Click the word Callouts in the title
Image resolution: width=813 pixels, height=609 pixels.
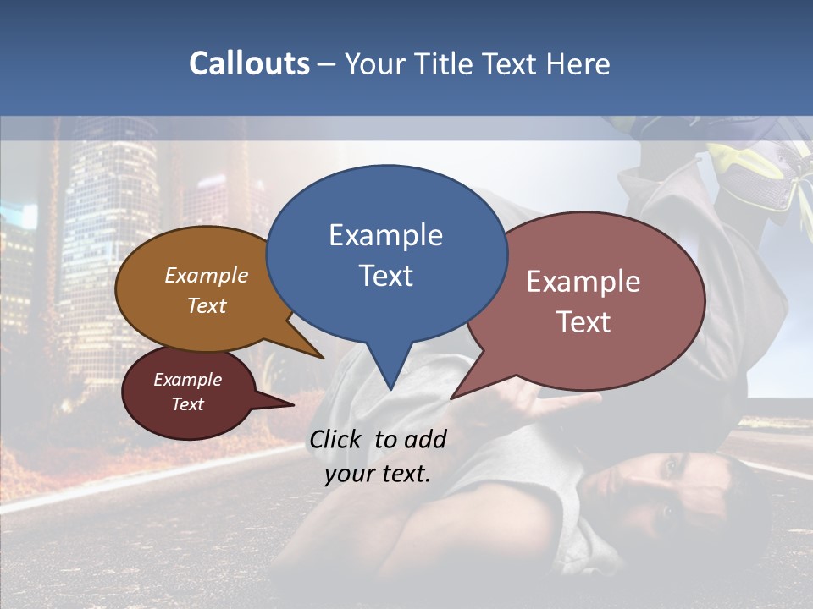click(249, 63)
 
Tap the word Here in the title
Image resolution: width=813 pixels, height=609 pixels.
click(579, 63)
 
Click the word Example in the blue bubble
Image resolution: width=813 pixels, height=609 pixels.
click(385, 235)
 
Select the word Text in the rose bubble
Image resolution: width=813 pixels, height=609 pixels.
click(584, 322)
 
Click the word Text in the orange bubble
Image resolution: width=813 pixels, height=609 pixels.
click(207, 305)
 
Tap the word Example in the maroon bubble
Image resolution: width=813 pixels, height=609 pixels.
click(187, 380)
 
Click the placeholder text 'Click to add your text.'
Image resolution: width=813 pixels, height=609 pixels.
click(378, 457)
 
